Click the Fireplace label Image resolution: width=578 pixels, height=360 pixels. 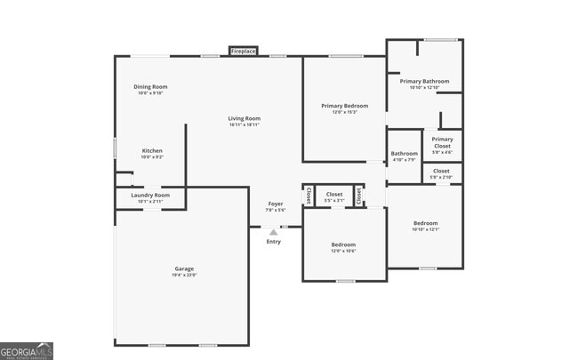(243, 52)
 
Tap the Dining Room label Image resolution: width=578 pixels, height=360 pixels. (150, 87)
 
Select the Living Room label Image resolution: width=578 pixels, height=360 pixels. (244, 118)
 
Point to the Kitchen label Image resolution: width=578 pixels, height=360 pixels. (152, 151)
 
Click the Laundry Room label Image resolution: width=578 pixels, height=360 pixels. (149, 195)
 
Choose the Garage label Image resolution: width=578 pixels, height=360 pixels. (184, 268)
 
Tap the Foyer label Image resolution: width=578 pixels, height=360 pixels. (276, 204)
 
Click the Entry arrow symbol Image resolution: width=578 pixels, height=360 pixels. (273, 232)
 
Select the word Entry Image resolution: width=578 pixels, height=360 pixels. (273, 242)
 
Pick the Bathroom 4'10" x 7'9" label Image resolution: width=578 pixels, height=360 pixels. (404, 154)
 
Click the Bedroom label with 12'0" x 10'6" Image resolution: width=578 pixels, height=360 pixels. (343, 244)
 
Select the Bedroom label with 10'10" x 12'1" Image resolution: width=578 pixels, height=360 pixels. (425, 222)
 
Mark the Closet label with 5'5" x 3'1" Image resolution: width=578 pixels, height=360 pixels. (334, 194)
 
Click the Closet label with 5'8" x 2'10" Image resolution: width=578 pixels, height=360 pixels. (441, 171)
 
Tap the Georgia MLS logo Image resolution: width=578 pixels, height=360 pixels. (27, 350)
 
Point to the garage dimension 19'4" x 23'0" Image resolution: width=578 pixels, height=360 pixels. (184, 275)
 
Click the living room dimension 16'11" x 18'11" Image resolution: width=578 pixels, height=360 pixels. (244, 124)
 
